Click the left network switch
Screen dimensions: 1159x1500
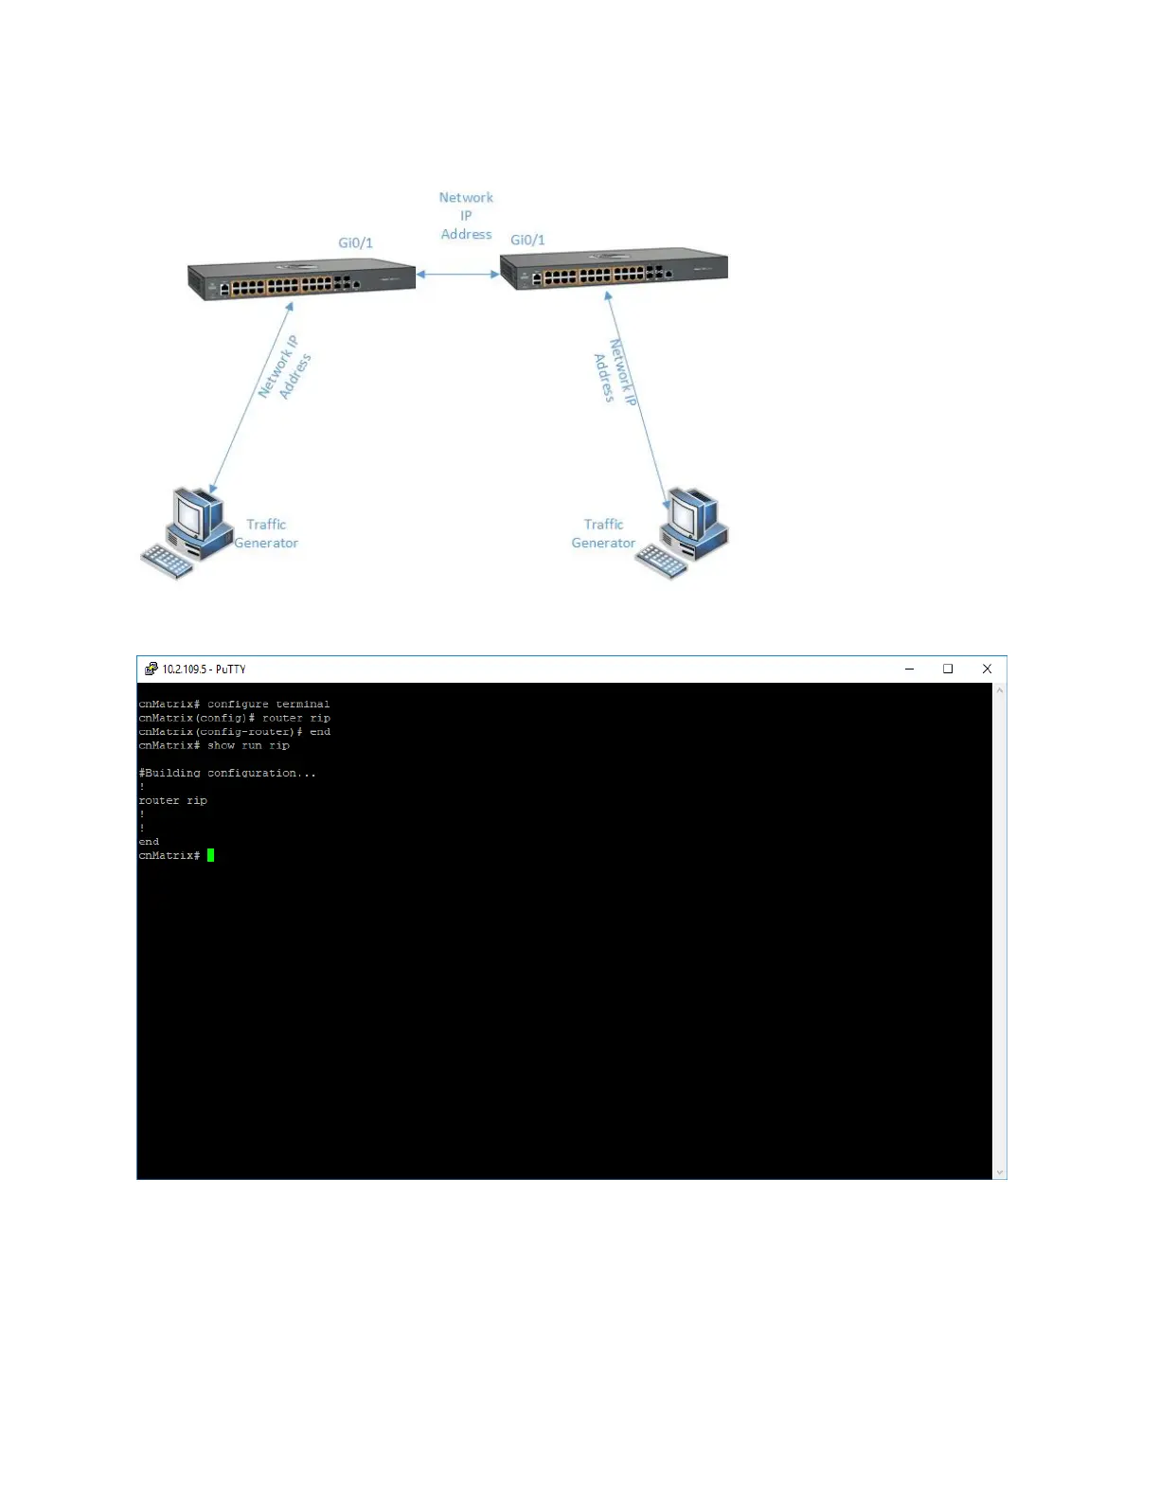click(x=301, y=279)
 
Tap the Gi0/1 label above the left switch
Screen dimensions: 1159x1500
click(x=355, y=242)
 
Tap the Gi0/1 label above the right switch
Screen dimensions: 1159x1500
click(x=527, y=240)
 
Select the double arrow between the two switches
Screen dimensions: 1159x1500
click(x=458, y=274)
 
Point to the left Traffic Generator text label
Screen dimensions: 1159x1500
click(x=266, y=533)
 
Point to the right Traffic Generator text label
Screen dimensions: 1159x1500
click(x=603, y=533)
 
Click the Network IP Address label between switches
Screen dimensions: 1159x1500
click(x=466, y=216)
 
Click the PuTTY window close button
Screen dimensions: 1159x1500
click(x=987, y=669)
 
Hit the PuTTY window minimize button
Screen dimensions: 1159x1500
click(x=909, y=669)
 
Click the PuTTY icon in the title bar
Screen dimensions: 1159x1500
click(x=151, y=669)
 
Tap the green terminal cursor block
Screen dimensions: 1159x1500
click(x=210, y=855)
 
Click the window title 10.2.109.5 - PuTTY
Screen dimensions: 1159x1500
click(x=204, y=669)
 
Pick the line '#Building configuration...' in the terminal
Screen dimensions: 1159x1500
click(x=227, y=773)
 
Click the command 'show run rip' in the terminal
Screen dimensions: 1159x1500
click(x=248, y=745)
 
